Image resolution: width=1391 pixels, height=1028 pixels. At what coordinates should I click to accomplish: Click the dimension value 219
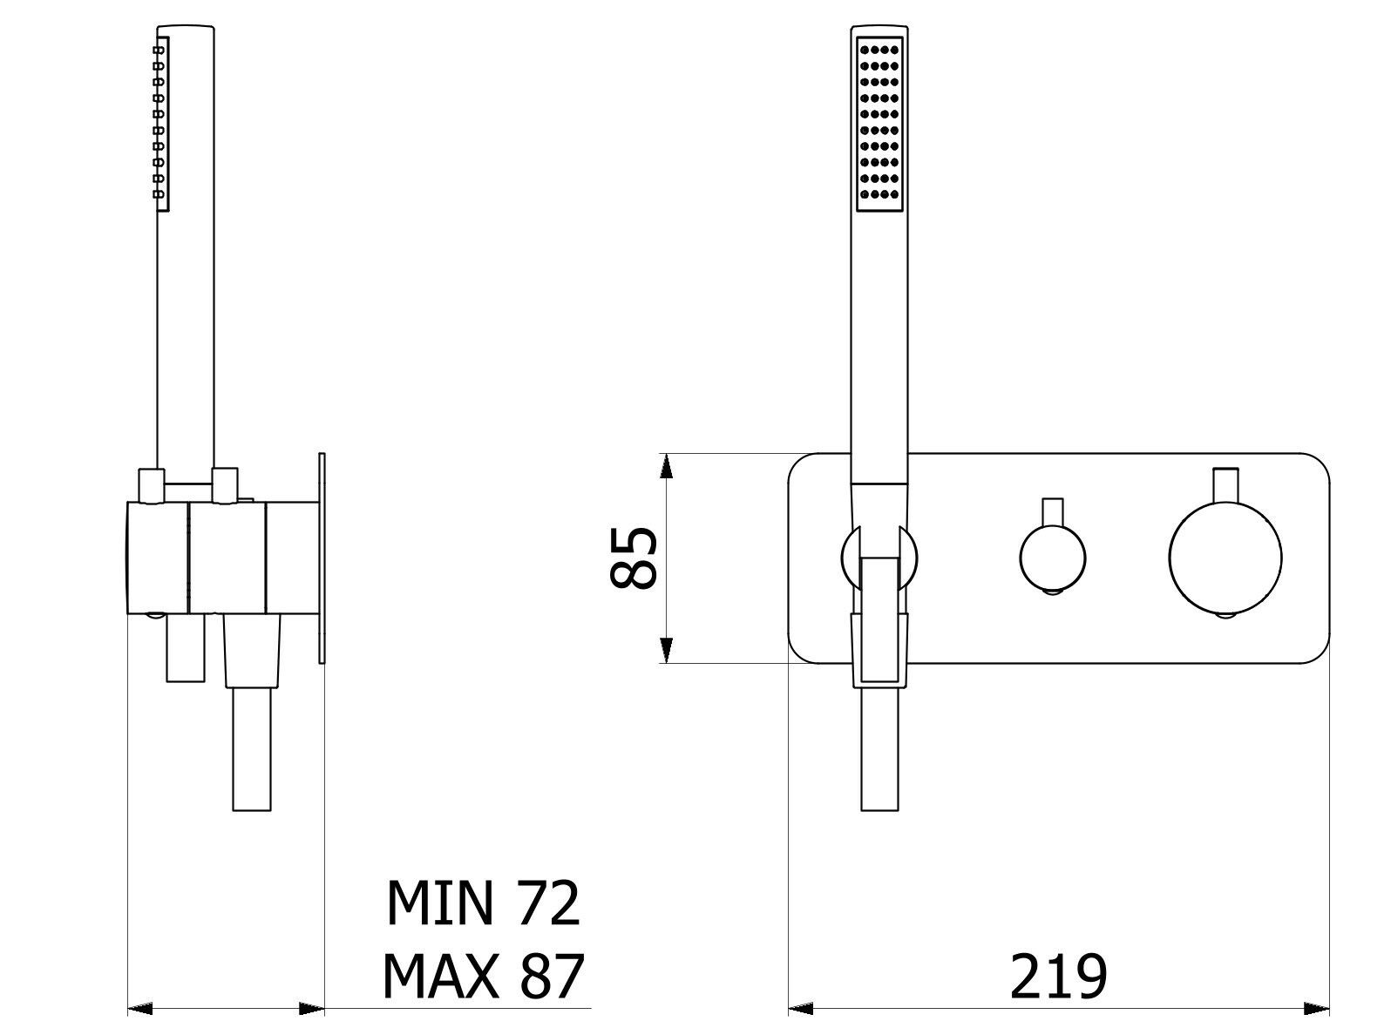[1058, 977]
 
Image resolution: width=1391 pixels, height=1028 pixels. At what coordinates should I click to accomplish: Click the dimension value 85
[634, 558]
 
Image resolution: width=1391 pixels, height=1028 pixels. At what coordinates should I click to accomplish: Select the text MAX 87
[483, 977]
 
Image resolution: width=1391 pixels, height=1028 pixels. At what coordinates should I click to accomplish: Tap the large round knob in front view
[1225, 558]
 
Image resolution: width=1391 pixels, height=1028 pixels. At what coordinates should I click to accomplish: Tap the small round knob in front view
[1053, 558]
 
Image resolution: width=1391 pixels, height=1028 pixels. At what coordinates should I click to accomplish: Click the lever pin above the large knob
[1226, 484]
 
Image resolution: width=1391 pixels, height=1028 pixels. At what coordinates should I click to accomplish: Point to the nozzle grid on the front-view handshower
[880, 124]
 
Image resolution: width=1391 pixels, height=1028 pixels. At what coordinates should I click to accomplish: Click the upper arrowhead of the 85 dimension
[666, 466]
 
